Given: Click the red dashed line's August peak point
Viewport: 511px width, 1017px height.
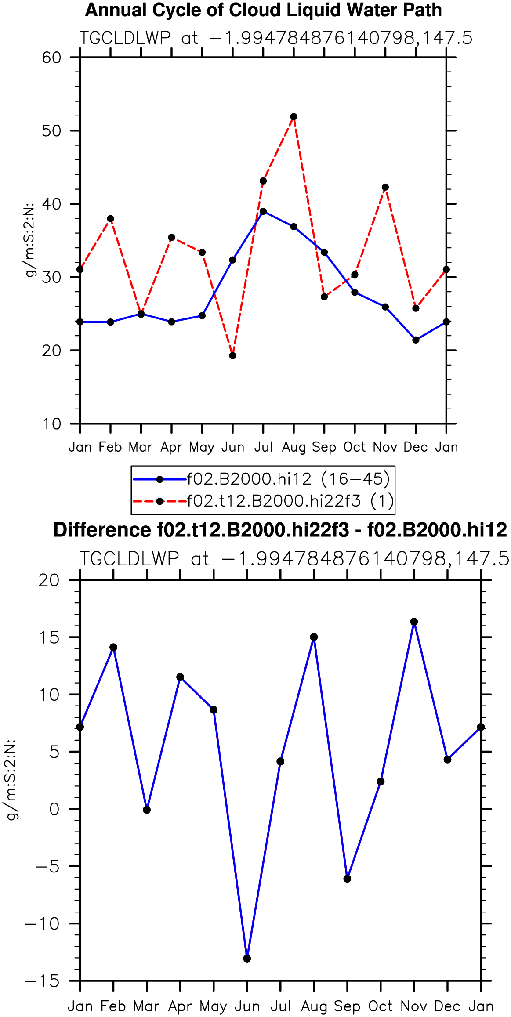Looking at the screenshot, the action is (x=294, y=117).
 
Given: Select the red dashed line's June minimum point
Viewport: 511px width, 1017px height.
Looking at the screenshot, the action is (x=232, y=355).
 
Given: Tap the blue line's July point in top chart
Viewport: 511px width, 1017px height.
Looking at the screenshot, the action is (x=263, y=211).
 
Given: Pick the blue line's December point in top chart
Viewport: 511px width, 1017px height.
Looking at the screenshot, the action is (x=416, y=340).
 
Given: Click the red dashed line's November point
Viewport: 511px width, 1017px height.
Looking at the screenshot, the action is (x=385, y=187).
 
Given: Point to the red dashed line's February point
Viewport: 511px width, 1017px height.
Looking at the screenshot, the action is (x=110, y=219).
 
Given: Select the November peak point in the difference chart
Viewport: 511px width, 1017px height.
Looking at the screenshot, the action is (x=414, y=622).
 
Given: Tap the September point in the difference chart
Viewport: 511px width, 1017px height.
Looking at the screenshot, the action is (x=347, y=879).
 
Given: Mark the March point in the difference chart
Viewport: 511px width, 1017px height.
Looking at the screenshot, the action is (x=147, y=810).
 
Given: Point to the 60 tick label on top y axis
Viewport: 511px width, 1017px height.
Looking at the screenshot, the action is (x=51, y=58).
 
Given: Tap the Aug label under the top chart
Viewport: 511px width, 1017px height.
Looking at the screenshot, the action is (x=294, y=448).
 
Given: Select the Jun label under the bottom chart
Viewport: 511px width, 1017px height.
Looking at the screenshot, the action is (x=247, y=1006).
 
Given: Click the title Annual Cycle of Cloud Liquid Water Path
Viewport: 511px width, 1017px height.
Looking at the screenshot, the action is (x=264, y=11).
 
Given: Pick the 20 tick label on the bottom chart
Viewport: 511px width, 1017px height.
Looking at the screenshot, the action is (x=49, y=580).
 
